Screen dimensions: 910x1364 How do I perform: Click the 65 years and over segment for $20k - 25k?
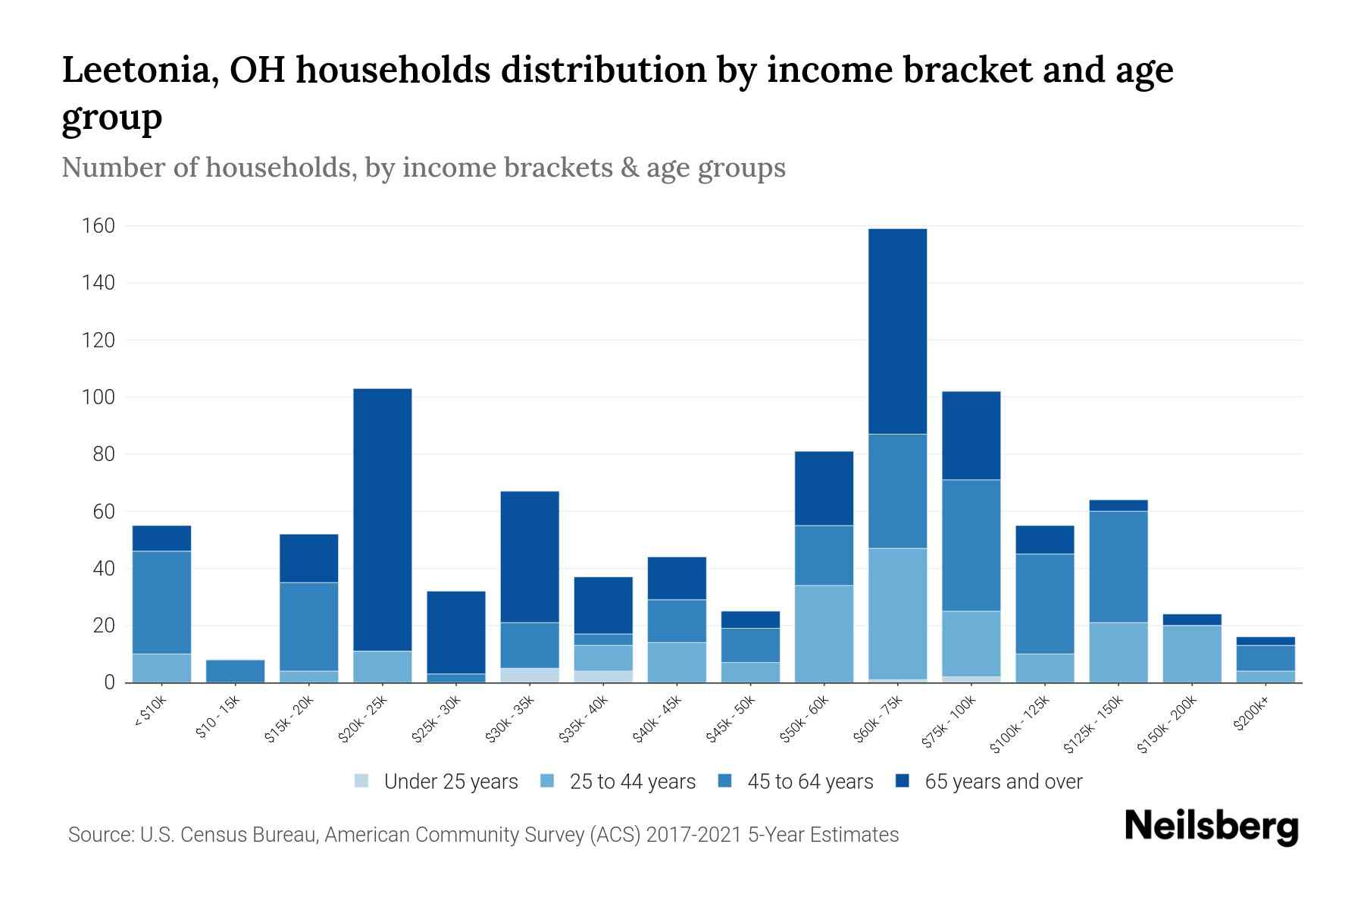pyautogui.click(x=383, y=519)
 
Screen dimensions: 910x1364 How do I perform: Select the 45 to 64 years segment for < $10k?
pyautogui.click(x=161, y=602)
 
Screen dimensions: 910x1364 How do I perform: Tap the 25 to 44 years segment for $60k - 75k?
pyautogui.click(x=897, y=613)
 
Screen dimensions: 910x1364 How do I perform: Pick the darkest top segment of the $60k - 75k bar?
pyautogui.click(x=897, y=331)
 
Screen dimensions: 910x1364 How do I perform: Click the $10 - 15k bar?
pyautogui.click(x=235, y=671)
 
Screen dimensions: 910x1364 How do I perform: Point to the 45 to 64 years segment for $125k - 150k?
pyautogui.click(x=1118, y=566)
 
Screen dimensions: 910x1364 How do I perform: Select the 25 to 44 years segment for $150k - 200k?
pyautogui.click(x=1191, y=654)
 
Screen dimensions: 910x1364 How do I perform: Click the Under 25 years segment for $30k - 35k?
pyautogui.click(x=530, y=675)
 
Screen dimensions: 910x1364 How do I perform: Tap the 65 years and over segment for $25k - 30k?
pyautogui.click(x=456, y=632)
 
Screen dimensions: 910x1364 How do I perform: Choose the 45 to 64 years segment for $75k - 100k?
pyautogui.click(x=971, y=545)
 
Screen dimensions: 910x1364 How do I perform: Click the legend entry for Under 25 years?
pyautogui.click(x=436, y=782)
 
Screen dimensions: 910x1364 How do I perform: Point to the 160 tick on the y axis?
pyautogui.click(x=99, y=226)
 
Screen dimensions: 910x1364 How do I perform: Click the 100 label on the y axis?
pyautogui.click(x=99, y=397)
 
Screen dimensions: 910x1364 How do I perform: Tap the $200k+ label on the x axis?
pyautogui.click(x=1250, y=716)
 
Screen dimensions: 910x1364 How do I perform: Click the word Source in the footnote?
pyautogui.click(x=99, y=835)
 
